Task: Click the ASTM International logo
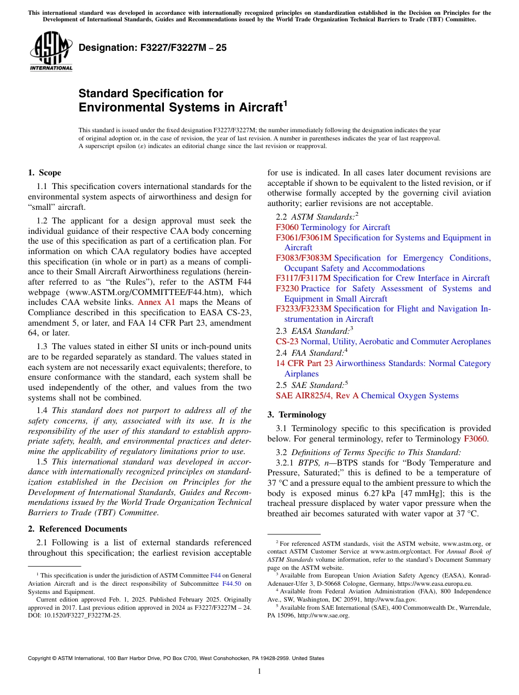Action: (x=51, y=51)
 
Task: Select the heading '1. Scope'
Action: (x=45, y=173)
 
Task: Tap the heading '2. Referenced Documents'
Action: (x=78, y=529)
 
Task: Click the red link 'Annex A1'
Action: (x=156, y=302)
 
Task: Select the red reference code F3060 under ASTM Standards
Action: (x=287, y=227)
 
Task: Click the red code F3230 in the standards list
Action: (x=287, y=288)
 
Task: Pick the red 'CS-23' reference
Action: (x=287, y=341)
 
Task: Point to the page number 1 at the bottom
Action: (x=259, y=672)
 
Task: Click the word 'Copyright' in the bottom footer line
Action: (x=41, y=658)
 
